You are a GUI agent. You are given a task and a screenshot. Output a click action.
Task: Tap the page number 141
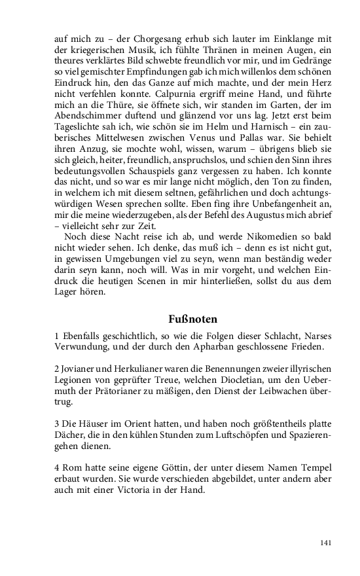point(327,543)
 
